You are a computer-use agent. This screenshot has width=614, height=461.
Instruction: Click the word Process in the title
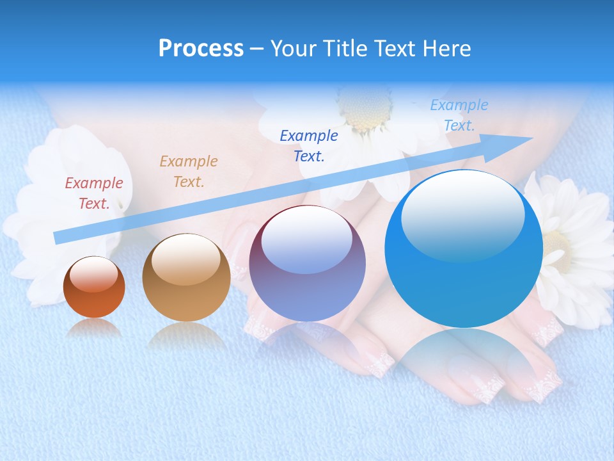[201, 49]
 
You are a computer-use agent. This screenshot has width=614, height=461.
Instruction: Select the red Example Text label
[94, 193]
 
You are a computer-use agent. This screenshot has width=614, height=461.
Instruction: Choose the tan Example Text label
[189, 172]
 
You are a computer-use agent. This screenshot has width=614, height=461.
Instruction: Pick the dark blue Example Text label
[309, 145]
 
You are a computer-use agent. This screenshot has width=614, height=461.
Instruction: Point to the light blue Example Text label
[459, 115]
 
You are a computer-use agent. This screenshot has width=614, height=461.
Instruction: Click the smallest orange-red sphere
[94, 288]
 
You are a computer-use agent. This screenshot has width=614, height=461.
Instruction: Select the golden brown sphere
[186, 278]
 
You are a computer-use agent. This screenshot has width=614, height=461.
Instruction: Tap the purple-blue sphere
[307, 264]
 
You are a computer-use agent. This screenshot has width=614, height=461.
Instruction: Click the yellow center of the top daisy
[365, 109]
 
